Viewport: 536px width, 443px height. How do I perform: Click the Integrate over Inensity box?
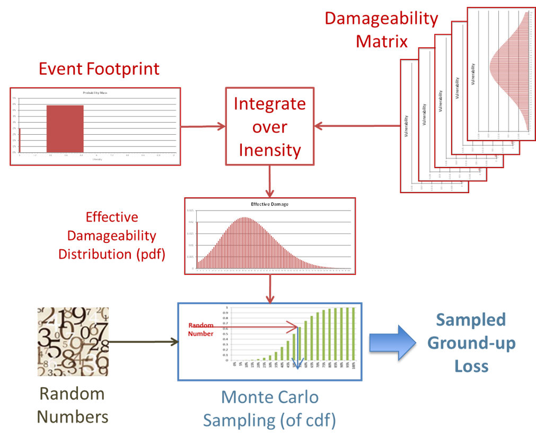point(269,127)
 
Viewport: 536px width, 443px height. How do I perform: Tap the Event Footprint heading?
point(99,68)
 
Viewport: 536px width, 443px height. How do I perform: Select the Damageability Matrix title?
point(382,29)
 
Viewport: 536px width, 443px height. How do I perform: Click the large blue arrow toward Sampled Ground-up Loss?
point(392,342)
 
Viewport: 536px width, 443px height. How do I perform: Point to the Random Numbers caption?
point(73,405)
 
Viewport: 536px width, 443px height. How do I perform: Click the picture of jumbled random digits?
point(73,342)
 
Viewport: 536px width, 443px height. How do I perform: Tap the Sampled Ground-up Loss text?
point(471,343)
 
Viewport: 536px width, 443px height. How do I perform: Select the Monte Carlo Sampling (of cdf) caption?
point(270,409)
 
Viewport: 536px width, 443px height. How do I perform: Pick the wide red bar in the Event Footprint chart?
point(65,128)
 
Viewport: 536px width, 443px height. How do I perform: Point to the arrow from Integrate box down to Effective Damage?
point(270,180)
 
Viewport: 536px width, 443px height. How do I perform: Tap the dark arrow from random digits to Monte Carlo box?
point(143,342)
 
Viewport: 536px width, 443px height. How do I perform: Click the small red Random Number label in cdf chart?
point(201,329)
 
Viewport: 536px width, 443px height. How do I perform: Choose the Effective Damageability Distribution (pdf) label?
point(112,236)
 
